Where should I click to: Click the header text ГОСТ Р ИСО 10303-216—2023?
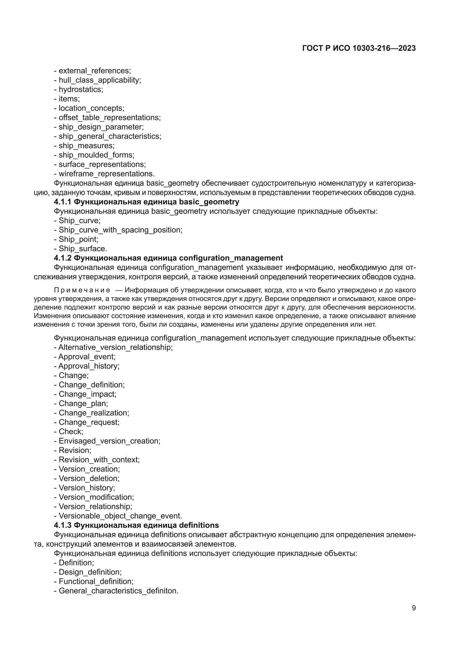click(359, 48)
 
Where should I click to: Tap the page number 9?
click(413, 608)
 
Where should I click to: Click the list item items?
click(69, 99)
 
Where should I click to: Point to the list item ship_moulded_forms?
click(96, 155)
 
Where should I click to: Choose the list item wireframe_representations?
click(106, 174)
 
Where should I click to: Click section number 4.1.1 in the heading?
click(63, 202)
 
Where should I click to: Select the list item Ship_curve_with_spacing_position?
click(120, 230)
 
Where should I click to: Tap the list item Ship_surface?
click(83, 249)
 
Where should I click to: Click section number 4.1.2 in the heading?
click(63, 258)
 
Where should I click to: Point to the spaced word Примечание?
click(82, 290)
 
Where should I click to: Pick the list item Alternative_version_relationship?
click(115, 347)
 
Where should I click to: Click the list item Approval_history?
click(89, 366)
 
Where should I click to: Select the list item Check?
click(71, 431)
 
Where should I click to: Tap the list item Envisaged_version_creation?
click(109, 441)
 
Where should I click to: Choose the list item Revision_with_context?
click(99, 460)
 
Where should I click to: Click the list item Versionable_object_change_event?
click(120, 516)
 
